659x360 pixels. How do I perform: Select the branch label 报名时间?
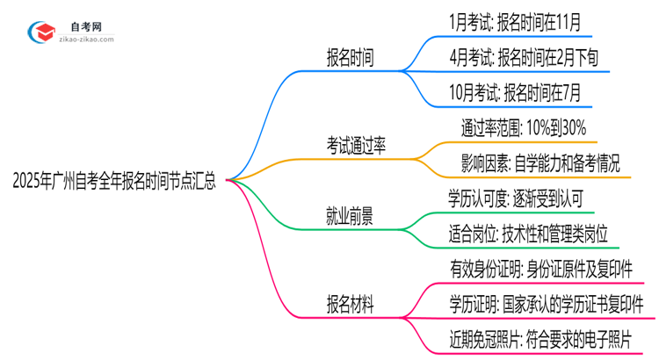pos(349,58)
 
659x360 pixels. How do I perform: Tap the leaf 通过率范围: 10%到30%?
pos(524,128)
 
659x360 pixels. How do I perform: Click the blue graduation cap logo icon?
pos(43,33)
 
